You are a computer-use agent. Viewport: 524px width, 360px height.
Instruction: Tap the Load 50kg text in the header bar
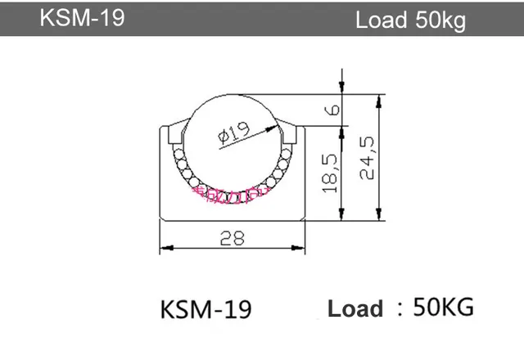click(x=410, y=20)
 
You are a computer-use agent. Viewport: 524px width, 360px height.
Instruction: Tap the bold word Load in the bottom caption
click(x=355, y=309)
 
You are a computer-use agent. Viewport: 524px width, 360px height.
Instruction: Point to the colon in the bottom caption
click(x=400, y=308)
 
